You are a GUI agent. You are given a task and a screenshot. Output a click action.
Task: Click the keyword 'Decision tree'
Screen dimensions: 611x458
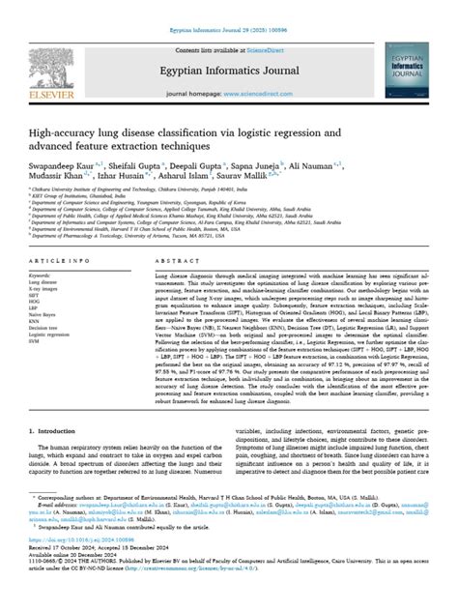(44, 329)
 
